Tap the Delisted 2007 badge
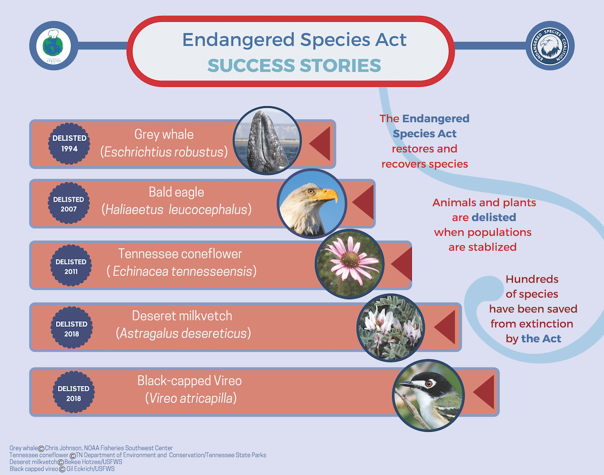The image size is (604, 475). click(x=68, y=203)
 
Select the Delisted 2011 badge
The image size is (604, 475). click(x=70, y=266)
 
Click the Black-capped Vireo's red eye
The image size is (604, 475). click(x=429, y=384)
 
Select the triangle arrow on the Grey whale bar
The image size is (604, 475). click(x=320, y=144)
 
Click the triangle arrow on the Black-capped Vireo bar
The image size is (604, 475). click(x=484, y=391)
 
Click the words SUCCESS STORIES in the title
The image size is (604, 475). click(x=294, y=65)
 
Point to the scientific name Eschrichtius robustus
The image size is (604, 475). click(x=164, y=152)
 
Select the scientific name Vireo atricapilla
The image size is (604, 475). click(x=191, y=398)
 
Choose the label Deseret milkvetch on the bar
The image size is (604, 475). click(x=182, y=316)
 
